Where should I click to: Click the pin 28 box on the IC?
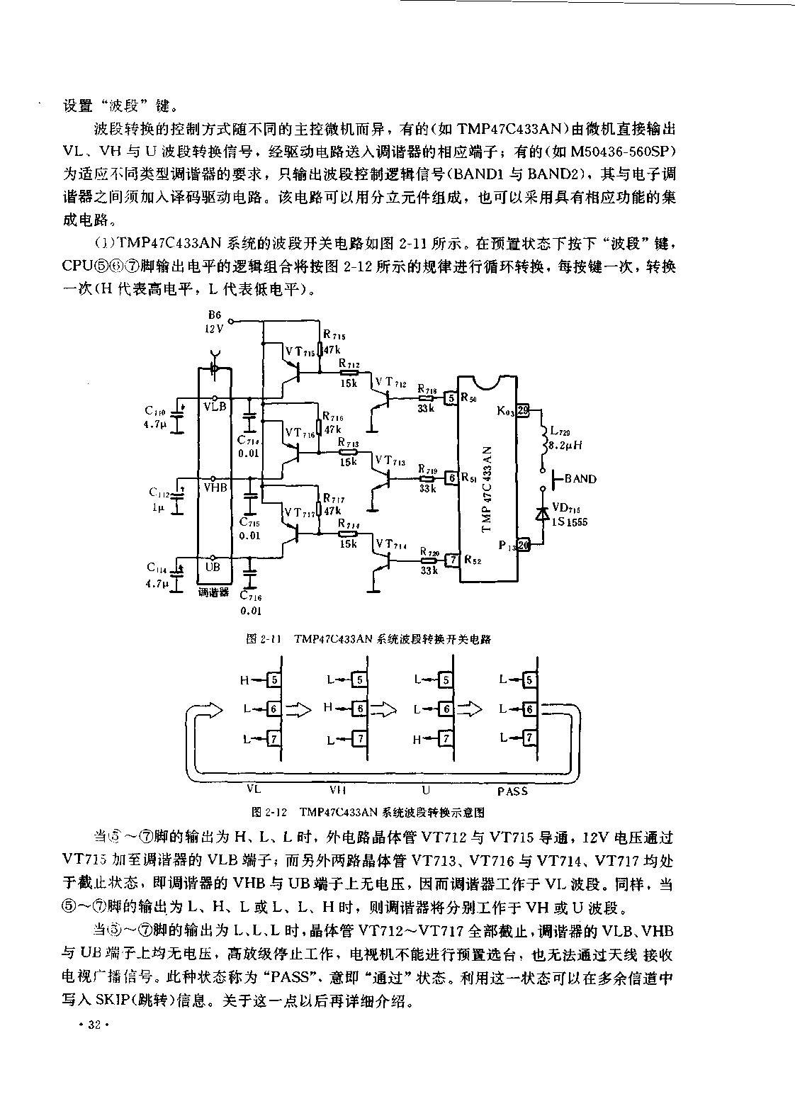point(523,410)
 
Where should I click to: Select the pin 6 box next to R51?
point(451,478)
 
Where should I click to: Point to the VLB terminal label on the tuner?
point(215,406)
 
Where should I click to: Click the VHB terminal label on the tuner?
point(215,487)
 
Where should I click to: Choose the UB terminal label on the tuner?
point(213,567)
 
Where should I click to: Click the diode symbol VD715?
point(543,512)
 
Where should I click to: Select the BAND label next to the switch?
point(580,479)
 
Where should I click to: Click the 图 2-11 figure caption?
point(368,638)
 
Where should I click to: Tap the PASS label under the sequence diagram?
point(512,791)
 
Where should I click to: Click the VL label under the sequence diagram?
point(254,789)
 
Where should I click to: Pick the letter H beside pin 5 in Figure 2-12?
point(244,680)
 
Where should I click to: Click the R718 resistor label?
point(427,389)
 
